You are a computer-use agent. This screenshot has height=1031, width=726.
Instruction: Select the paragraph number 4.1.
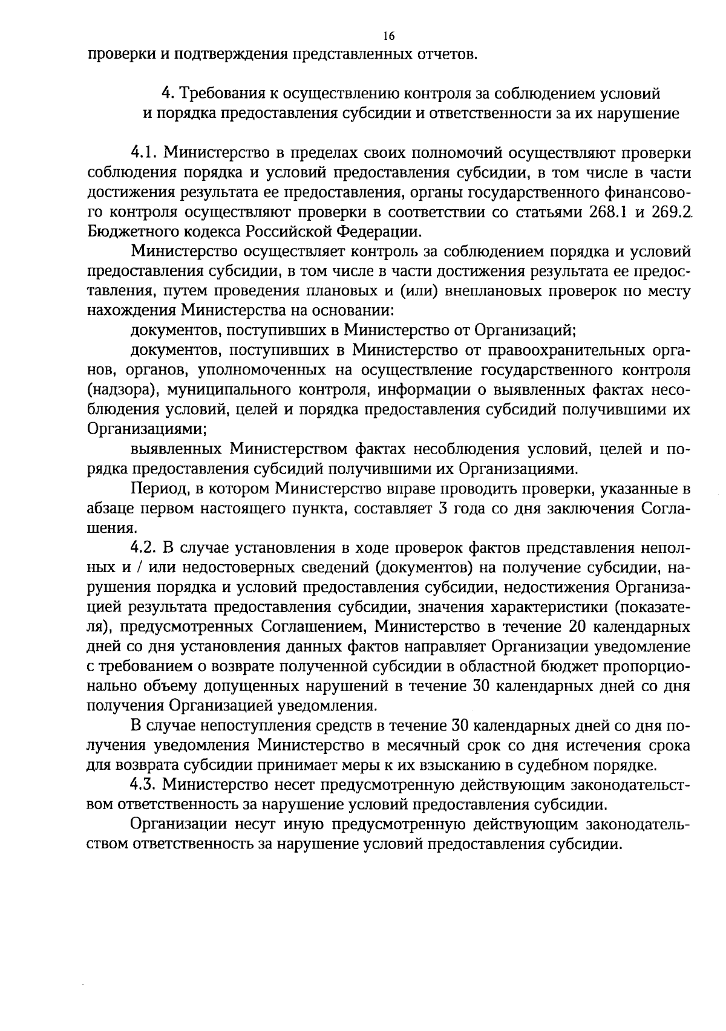[144, 152]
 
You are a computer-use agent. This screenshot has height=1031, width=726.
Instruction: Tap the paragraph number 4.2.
[145, 548]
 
